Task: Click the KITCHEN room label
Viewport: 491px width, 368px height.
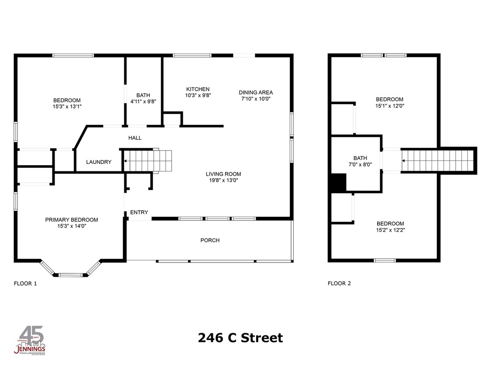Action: click(197, 89)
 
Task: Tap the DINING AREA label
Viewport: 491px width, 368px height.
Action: click(256, 92)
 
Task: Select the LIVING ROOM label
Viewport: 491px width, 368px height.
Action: click(223, 174)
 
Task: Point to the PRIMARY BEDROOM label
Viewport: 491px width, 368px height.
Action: click(72, 220)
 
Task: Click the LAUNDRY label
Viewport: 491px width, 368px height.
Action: click(99, 162)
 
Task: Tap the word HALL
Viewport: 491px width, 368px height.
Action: click(135, 138)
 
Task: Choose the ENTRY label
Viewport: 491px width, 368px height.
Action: click(139, 212)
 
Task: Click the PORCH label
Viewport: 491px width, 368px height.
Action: click(210, 240)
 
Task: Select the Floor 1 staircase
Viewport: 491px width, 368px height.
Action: click(147, 161)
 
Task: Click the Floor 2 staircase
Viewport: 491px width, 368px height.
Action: click(438, 160)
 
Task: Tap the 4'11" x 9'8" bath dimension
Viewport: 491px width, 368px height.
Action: click(143, 101)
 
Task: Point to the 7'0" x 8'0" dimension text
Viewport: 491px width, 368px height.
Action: click(360, 164)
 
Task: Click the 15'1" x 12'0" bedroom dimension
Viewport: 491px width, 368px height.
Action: click(390, 106)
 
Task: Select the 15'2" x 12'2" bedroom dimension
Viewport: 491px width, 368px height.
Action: click(390, 230)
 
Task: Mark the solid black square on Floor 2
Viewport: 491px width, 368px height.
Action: click(339, 182)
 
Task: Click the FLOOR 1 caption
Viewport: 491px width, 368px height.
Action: click(25, 283)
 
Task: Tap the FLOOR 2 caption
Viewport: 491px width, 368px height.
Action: click(339, 283)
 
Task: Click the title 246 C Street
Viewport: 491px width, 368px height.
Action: click(240, 338)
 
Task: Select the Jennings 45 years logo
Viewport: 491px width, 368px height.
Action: click(31, 341)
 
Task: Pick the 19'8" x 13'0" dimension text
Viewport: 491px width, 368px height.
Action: click(223, 180)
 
